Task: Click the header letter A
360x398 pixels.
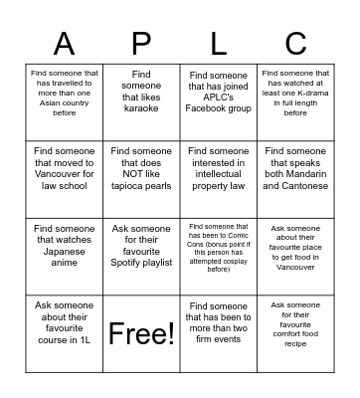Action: tap(64, 43)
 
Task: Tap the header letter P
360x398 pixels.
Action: tap(141, 43)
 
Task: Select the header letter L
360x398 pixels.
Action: tap(217, 43)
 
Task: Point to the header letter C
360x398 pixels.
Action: tap(295, 43)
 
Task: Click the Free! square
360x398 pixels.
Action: tap(141, 331)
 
